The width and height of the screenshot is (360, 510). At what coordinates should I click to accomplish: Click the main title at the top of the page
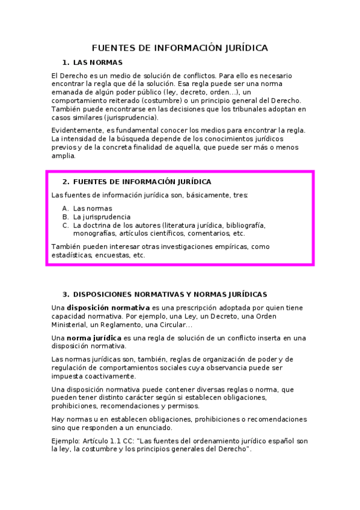click(x=180, y=48)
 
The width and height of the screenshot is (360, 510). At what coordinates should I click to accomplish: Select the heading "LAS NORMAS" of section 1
click(x=97, y=63)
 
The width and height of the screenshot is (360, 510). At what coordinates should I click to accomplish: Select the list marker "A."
click(x=66, y=209)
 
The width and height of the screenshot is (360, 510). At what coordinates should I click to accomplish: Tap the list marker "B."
click(x=66, y=217)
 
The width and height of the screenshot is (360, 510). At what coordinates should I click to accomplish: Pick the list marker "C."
click(x=66, y=226)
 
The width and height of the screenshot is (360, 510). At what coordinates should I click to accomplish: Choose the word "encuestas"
click(x=112, y=255)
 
